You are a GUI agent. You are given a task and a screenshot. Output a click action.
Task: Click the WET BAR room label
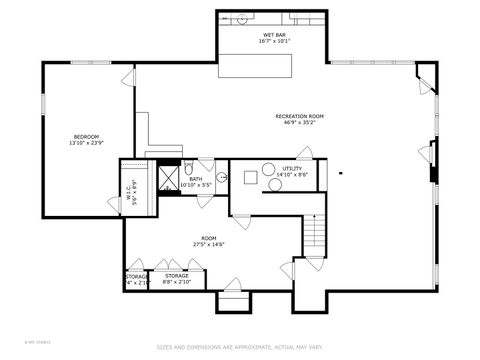[273, 34]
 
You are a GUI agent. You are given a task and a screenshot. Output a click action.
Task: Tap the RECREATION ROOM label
[299, 116]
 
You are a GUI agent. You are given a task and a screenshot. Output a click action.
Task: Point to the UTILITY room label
[291, 168]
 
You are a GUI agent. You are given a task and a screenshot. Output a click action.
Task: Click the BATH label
[195, 179]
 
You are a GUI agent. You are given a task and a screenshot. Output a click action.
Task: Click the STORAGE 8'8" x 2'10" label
[177, 278]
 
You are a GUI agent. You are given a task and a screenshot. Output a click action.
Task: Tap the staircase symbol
[316, 236]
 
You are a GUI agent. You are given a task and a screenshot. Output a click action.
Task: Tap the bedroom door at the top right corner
[127, 79]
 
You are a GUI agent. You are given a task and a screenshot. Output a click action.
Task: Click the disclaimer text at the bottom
[239, 348]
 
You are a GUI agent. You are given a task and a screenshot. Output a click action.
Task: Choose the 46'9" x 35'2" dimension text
[299, 124]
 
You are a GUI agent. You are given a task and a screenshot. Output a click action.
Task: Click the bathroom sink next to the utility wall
[222, 177]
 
